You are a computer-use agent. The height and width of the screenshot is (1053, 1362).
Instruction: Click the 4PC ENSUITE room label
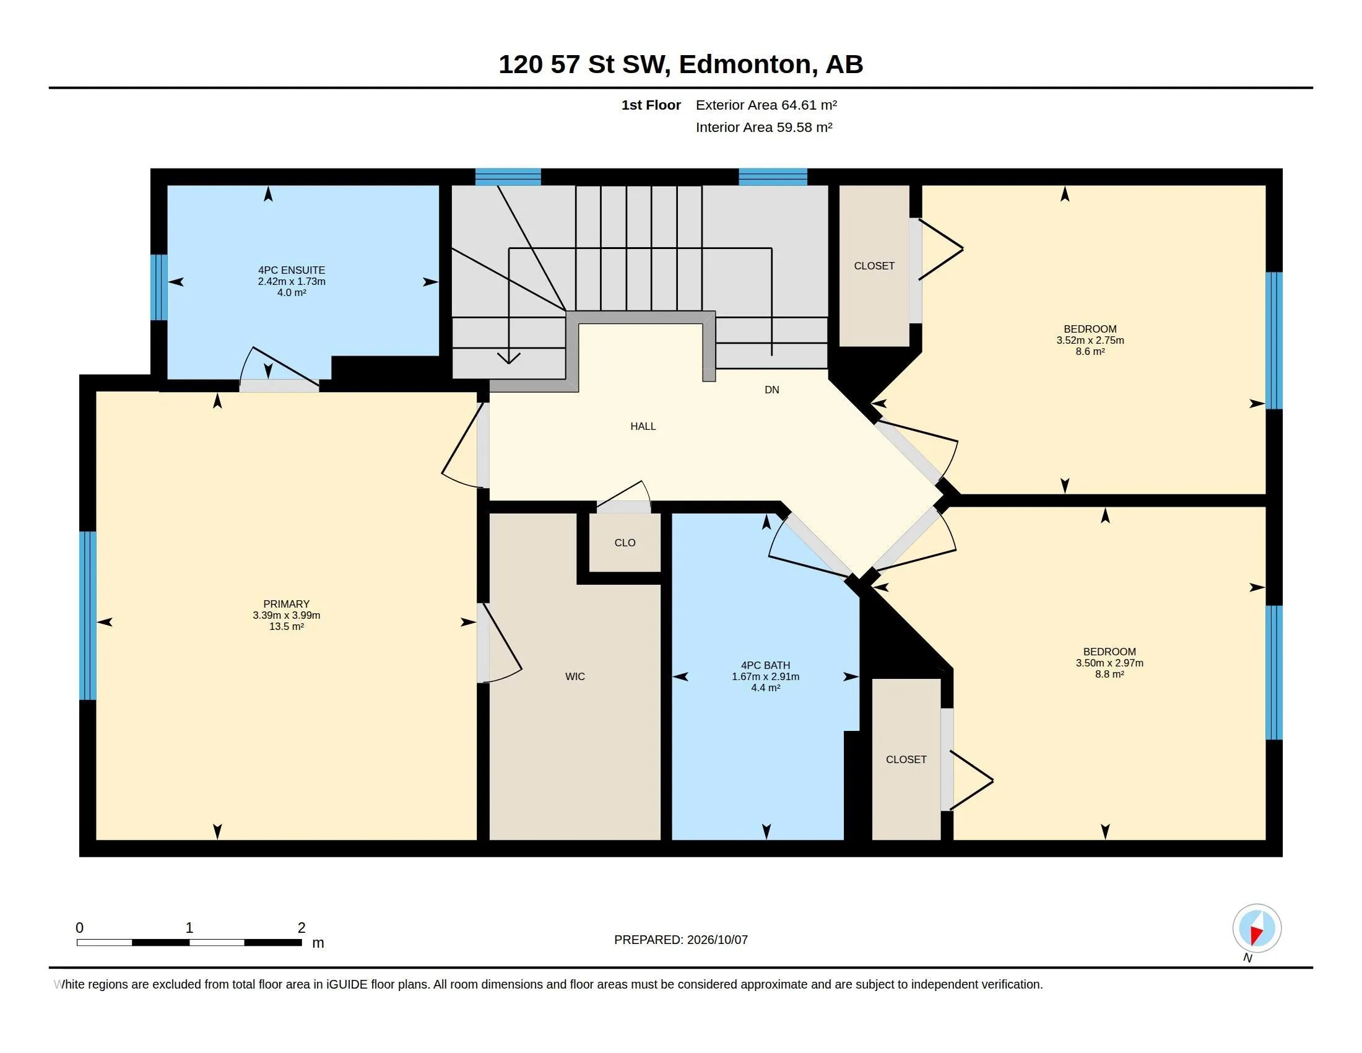tap(291, 270)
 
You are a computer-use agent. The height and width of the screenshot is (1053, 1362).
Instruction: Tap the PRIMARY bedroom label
tap(286, 604)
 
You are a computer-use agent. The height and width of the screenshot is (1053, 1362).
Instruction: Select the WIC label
tap(575, 676)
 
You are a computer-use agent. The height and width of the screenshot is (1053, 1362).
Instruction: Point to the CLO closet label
tap(625, 543)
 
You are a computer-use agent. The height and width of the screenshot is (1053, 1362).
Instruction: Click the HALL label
tap(643, 426)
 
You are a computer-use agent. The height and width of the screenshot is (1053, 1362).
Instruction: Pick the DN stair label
tap(772, 390)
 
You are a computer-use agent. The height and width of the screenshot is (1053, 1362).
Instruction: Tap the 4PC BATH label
tap(765, 666)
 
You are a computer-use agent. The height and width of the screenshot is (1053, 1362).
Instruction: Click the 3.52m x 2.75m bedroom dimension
tap(1090, 340)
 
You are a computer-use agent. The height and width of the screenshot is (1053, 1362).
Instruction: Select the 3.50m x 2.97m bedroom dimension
tap(1109, 663)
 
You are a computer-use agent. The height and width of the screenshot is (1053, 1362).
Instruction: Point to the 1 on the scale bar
tap(189, 928)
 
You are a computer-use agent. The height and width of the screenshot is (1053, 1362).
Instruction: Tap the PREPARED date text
tap(681, 940)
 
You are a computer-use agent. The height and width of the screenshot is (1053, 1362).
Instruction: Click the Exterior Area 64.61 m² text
tap(766, 105)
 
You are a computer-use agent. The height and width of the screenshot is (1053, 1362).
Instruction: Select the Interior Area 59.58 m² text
tap(764, 127)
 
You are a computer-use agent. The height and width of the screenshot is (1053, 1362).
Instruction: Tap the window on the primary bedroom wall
tap(88, 616)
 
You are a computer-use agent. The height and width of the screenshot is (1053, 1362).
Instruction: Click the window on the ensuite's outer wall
tap(159, 287)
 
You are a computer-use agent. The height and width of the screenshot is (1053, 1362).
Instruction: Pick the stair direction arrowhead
tap(509, 358)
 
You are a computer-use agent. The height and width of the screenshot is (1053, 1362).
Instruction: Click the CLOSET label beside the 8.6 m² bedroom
tap(874, 266)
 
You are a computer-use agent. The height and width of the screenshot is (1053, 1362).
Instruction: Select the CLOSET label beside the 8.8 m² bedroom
tap(906, 759)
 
